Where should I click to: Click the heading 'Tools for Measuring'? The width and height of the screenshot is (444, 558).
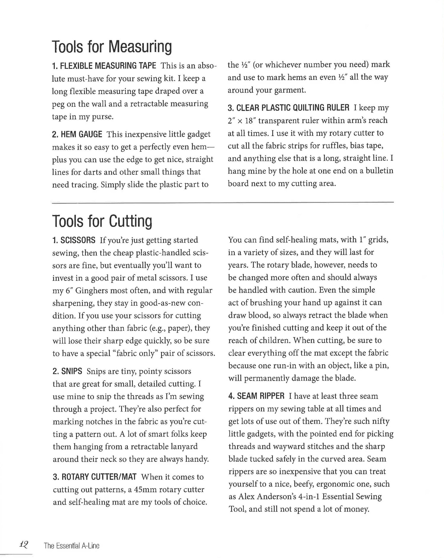pos(112,47)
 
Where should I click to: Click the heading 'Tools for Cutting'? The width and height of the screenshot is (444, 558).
pos(102,221)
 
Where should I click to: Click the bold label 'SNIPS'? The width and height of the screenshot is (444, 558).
pos(71,371)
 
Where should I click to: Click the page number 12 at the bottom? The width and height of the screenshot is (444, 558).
pos(23,544)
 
